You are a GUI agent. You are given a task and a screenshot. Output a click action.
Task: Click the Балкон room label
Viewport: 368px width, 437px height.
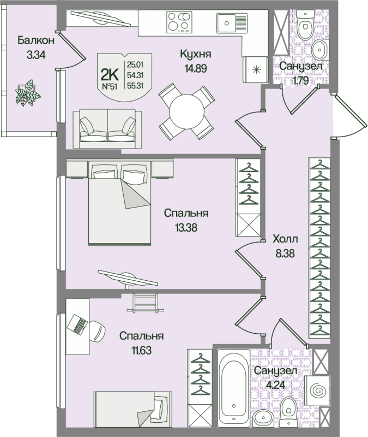pos(36,40)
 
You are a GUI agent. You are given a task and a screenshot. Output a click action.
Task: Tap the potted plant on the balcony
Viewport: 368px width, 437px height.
pos(28,93)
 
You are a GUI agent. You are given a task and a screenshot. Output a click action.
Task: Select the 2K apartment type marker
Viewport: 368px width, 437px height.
pos(110,75)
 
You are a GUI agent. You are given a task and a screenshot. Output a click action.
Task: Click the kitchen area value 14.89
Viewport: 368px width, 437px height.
pos(196,68)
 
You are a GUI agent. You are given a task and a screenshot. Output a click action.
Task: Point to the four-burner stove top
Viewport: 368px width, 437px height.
pos(179,22)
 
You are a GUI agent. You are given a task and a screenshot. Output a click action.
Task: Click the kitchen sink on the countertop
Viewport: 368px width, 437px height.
pos(232,23)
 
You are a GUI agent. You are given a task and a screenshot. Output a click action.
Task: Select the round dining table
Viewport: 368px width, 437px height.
pos(186,111)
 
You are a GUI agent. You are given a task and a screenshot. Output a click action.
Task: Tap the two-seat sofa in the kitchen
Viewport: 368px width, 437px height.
pos(107,129)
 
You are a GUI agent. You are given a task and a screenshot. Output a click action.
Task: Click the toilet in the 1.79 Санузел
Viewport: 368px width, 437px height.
pos(304,25)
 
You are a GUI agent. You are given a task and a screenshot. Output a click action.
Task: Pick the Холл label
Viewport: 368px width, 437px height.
pos(285,239)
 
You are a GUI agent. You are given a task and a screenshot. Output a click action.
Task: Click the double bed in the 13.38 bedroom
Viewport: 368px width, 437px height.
pos(119,203)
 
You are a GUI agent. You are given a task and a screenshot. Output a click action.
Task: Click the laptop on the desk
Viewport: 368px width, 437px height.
pos(77,324)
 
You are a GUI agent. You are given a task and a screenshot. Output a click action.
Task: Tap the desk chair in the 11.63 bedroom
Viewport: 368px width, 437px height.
pos(97,330)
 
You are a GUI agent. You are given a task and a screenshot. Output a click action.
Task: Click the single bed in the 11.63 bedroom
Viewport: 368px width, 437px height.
pos(132,409)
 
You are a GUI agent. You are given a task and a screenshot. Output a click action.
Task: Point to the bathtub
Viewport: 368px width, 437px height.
pos(234,388)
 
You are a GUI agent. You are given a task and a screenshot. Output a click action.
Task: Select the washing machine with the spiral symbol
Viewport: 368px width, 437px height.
pos(317,390)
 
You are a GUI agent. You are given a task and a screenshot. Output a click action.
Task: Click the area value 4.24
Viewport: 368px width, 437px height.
pos(275,385)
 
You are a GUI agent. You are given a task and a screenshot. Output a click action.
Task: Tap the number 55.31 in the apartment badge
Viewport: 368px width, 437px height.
pos(135,86)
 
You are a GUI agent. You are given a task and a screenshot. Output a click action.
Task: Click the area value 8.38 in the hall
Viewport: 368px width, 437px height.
pos(285,253)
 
